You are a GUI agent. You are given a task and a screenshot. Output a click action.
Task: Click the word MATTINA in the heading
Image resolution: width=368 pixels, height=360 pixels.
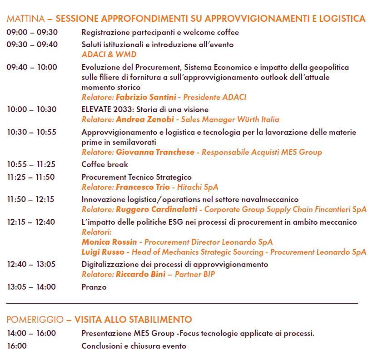(x=25, y=19)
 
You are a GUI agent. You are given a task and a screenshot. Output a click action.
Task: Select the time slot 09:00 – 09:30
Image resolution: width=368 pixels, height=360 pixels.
(x=32, y=32)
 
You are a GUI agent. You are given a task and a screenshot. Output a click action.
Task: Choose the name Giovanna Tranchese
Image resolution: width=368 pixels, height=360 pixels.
(x=155, y=152)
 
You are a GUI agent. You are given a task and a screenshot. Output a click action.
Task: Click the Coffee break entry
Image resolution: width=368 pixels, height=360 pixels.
(x=104, y=164)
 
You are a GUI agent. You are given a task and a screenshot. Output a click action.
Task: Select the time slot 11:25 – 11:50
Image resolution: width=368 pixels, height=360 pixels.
(x=30, y=177)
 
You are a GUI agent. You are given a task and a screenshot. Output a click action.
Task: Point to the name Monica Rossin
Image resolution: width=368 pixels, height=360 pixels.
(x=109, y=242)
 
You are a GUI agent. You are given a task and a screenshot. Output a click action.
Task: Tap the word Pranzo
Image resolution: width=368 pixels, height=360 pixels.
(x=94, y=287)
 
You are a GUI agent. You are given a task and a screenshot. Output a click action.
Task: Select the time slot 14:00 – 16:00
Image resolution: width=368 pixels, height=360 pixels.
(x=31, y=333)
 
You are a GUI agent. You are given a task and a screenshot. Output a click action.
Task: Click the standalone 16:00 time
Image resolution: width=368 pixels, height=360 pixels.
(x=16, y=345)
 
